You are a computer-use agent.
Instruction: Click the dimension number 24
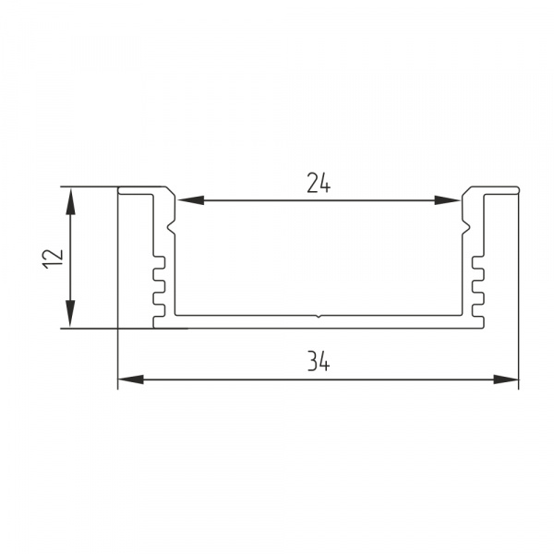click(319, 183)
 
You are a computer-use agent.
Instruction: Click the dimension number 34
click(319, 361)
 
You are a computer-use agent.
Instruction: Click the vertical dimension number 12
click(53, 259)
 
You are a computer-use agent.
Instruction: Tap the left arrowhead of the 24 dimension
click(191, 200)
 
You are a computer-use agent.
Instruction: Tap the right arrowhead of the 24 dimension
click(447, 200)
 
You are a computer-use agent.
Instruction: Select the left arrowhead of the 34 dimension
click(131, 379)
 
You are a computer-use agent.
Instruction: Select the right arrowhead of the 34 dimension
click(506, 379)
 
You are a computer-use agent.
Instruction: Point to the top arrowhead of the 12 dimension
click(70, 200)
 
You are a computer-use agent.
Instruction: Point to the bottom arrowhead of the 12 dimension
click(70, 314)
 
